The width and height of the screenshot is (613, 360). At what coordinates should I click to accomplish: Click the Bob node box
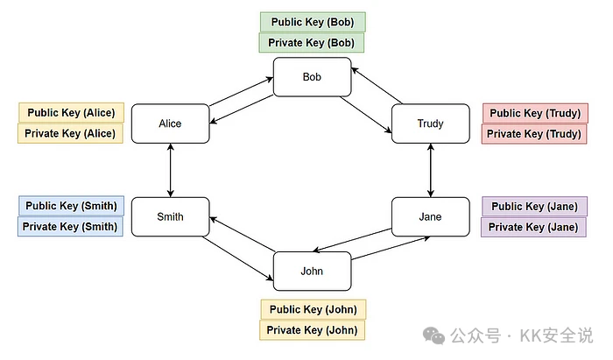312,77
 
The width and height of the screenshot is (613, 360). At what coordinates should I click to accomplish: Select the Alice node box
170,124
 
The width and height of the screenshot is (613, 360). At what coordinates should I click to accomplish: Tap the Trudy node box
430,124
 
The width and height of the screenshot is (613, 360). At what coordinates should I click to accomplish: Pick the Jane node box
430,217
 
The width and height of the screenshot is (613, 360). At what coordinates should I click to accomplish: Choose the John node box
312,271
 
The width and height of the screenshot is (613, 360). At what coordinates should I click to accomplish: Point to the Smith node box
170,217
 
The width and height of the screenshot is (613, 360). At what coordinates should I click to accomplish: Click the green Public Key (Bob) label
312,22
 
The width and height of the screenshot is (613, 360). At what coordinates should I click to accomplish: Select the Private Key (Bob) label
312,43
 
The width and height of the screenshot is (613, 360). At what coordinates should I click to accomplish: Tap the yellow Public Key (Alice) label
71,113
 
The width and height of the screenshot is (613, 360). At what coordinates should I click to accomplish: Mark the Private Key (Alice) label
71,134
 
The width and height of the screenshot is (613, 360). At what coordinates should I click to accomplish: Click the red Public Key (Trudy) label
533,113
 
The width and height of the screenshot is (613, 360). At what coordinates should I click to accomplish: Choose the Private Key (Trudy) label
533,134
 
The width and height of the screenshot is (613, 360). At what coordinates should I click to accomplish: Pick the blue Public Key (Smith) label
71,207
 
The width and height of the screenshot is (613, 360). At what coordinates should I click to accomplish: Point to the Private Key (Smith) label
71,227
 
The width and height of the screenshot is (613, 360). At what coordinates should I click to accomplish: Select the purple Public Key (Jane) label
533,207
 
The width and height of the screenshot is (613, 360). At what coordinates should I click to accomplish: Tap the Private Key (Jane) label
533,227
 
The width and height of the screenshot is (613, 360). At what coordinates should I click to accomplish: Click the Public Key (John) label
313,309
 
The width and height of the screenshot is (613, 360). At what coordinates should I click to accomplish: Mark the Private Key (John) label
313,330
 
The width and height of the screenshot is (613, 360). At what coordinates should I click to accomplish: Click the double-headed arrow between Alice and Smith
170,170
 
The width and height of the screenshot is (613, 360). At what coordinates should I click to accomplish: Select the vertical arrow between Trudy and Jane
430,170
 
